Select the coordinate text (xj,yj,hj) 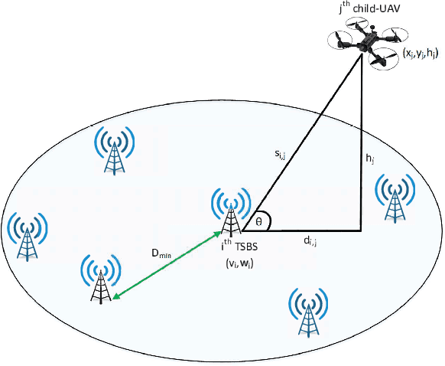click(421, 53)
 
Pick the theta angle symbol click(260, 221)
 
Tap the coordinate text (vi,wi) click(245, 263)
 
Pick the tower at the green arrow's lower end click(99, 280)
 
